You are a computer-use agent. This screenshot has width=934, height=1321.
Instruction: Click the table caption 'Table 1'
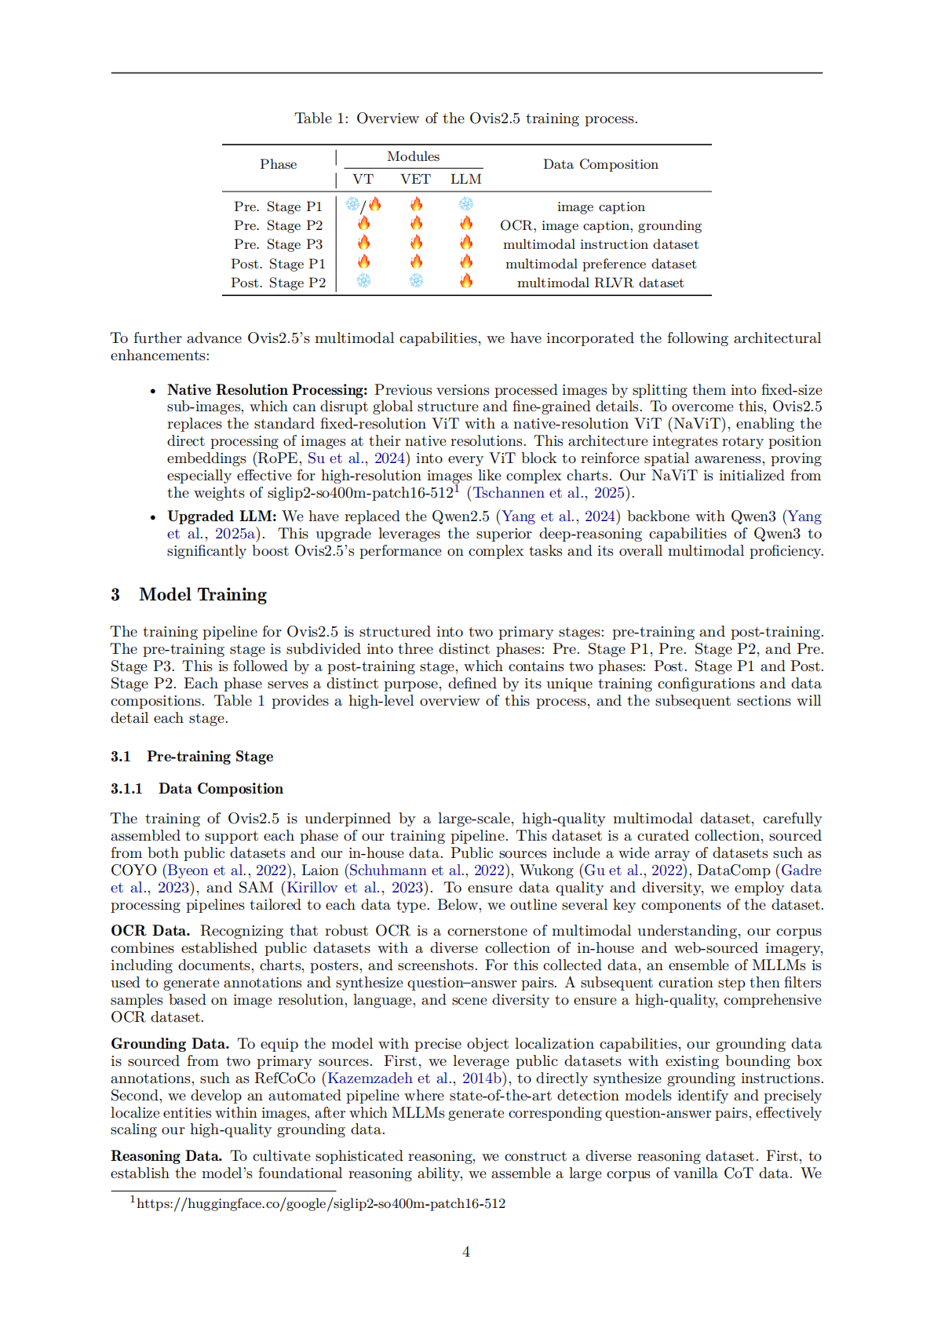tap(321, 119)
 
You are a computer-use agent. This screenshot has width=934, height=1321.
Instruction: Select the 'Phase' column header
tap(279, 165)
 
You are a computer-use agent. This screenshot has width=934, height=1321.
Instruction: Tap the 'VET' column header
tap(415, 180)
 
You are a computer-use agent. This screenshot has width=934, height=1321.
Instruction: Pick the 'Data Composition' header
tap(600, 165)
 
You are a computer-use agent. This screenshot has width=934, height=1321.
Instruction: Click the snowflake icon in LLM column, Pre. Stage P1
tap(466, 205)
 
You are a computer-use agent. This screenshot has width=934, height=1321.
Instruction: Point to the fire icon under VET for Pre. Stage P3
tap(416, 243)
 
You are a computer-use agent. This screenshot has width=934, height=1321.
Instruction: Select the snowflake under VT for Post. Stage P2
tap(364, 281)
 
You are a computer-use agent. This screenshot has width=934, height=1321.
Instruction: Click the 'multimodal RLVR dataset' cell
tap(600, 283)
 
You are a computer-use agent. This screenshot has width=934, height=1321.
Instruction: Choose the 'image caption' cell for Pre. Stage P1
tap(600, 207)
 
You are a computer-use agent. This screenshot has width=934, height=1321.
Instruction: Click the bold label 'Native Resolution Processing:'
tap(267, 390)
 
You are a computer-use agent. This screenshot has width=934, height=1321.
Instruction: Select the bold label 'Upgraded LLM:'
tap(222, 516)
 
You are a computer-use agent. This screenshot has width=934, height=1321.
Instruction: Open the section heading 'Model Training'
tap(202, 595)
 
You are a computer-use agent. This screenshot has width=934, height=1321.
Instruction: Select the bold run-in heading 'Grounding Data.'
tap(170, 1044)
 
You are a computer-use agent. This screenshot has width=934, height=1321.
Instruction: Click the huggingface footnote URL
tap(321, 1204)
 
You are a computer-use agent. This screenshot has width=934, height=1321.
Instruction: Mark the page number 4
tap(466, 1252)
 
